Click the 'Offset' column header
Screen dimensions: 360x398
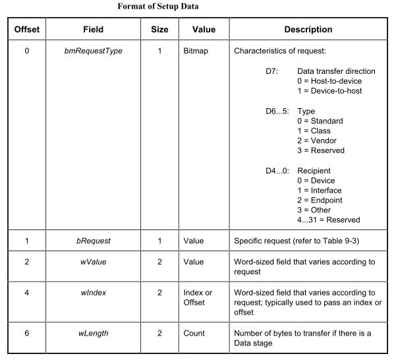pyautogui.click(x=26, y=30)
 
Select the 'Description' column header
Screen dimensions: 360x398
pyautogui.click(x=308, y=30)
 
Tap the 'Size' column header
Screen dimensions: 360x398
pyautogui.click(x=159, y=30)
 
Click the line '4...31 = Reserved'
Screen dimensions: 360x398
pyautogui.click(x=329, y=220)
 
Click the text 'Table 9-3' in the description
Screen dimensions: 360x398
pyautogui.click(x=354, y=241)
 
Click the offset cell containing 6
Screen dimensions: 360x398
pyautogui.click(x=26, y=333)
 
